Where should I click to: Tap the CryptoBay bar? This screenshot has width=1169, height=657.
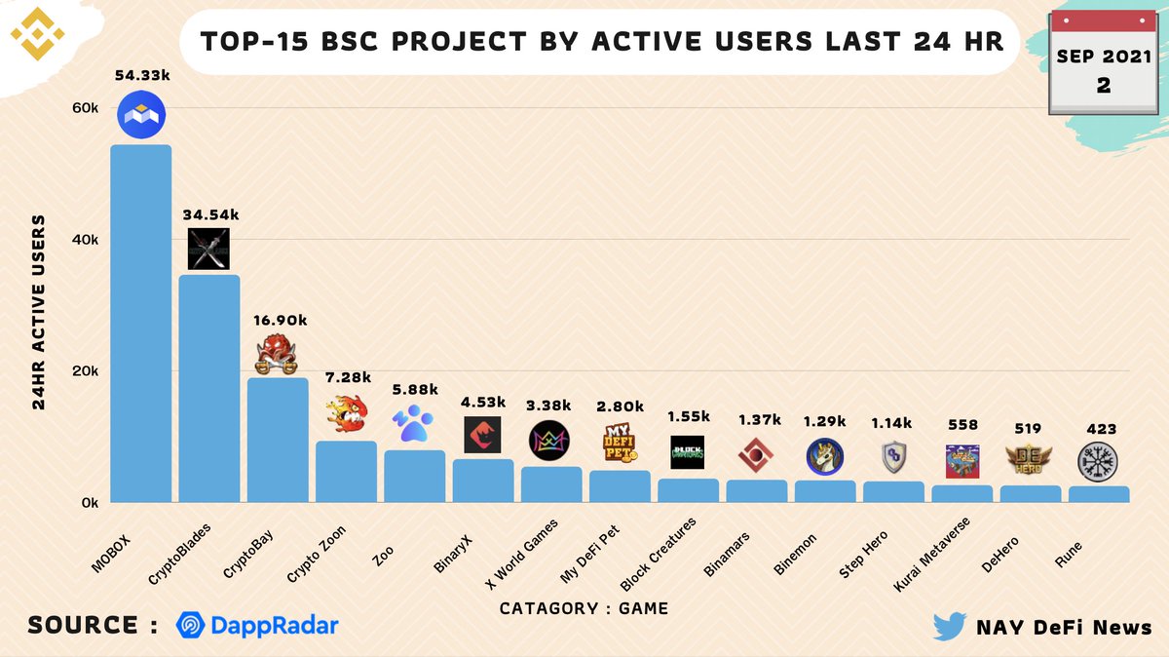pyautogui.click(x=278, y=440)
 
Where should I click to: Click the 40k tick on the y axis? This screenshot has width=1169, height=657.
pyautogui.click(x=86, y=240)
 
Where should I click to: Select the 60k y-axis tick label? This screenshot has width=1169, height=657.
pyautogui.click(x=86, y=108)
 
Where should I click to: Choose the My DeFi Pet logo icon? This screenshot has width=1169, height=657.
pyautogui.click(x=620, y=444)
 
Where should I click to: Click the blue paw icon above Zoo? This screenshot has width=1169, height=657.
pyautogui.click(x=413, y=423)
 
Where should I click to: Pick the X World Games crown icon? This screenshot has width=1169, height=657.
pyautogui.click(x=549, y=442)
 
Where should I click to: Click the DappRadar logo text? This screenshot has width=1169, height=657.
pyautogui.click(x=257, y=626)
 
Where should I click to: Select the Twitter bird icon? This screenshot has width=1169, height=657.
pyautogui.click(x=949, y=627)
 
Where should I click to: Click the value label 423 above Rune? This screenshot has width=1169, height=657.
pyautogui.click(x=1101, y=429)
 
